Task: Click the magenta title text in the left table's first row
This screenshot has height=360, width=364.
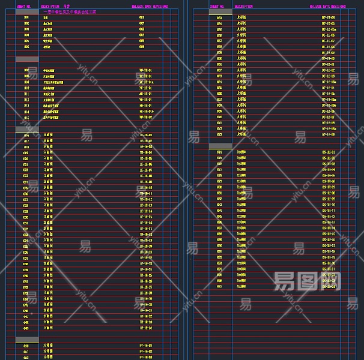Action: [x=70, y=11]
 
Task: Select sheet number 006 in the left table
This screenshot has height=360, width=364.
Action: [x=26, y=52]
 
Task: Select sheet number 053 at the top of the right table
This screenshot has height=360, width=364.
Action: [x=219, y=17]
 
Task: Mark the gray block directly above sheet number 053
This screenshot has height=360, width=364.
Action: [x=220, y=11]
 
